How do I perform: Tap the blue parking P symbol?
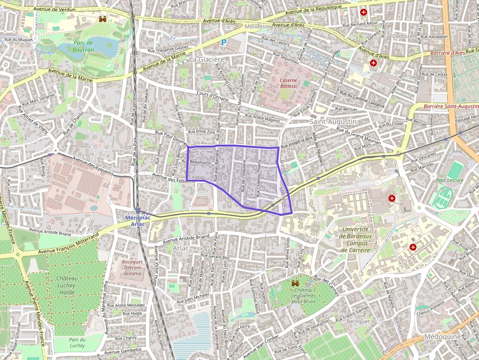click(x=224, y=43)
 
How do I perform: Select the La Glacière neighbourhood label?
click(x=207, y=59)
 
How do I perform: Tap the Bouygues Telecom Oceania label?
click(x=131, y=268)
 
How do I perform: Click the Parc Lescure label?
click(x=450, y=180)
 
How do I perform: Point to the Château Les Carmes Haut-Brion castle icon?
click(x=295, y=283)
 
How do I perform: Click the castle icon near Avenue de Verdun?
click(x=103, y=19)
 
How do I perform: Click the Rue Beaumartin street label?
click(x=200, y=162)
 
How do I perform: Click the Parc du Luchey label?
click(x=77, y=342)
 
